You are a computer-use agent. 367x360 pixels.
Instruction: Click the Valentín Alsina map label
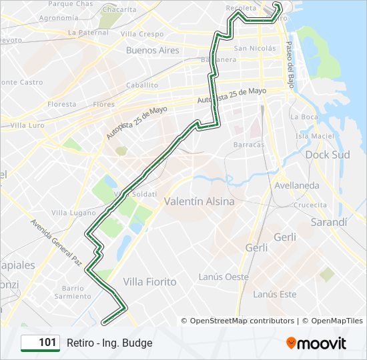pos(199,201)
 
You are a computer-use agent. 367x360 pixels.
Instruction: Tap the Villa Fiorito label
pos(150,281)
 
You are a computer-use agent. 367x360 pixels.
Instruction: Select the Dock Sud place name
pos(327,155)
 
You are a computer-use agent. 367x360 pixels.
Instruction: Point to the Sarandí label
pos(329,222)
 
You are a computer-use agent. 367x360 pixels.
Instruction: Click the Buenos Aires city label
pos(153,50)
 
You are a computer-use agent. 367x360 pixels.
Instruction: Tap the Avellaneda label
pos(296,185)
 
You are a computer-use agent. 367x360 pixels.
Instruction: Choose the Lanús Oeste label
pos(224,277)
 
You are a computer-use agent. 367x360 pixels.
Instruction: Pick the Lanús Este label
pos(275,293)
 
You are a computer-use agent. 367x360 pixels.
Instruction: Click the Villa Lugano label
pos(73,213)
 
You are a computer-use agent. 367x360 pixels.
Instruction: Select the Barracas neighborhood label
pos(249,145)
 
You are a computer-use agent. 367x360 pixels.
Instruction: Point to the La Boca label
pos(304,116)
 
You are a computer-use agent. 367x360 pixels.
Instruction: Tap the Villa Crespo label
pos(142,34)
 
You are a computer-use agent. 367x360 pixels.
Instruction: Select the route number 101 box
pos(40,343)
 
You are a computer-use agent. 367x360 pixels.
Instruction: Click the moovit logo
pos(316,343)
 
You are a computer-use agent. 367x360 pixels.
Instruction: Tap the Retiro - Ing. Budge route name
pos(109,343)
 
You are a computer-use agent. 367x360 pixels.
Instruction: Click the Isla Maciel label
pos(314,136)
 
